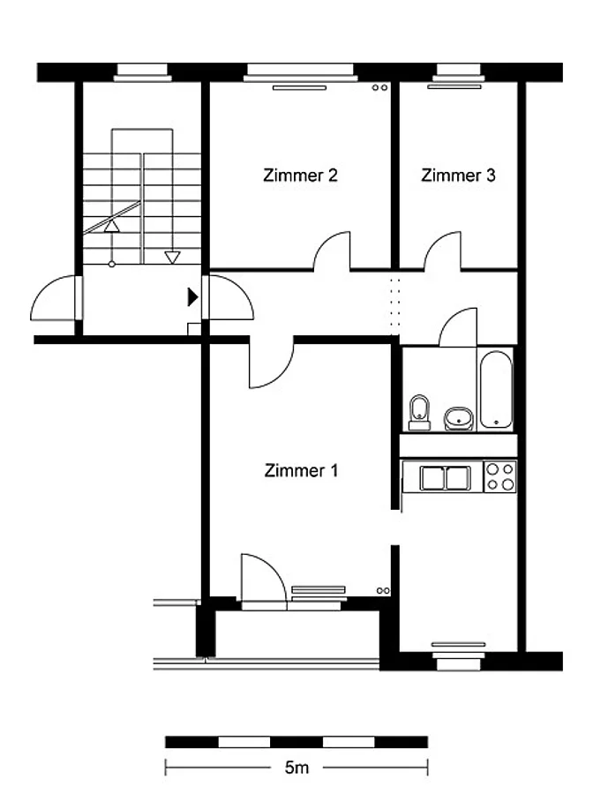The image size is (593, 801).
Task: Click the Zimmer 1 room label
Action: pos(301,470)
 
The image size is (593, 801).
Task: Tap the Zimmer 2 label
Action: pos(300,176)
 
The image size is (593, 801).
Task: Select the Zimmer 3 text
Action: pos(458,176)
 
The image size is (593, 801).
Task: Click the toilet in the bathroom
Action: pos(419,413)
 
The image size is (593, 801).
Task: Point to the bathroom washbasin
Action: pos(459,419)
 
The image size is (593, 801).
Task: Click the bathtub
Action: pos(496,389)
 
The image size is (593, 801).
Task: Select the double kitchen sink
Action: pos(446,478)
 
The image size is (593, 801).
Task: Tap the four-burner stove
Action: pos(500,476)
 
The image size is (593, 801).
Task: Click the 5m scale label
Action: pos(296,767)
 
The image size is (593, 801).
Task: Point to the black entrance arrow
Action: pos(192,296)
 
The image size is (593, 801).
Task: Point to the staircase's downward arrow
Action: pos(172,257)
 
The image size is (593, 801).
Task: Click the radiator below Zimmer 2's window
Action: pos(299,88)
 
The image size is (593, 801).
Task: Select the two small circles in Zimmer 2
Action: pos(379,87)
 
